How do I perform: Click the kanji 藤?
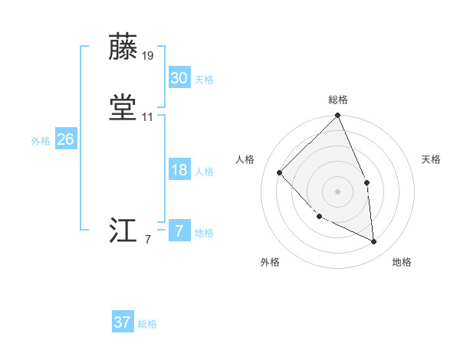coord(123,47)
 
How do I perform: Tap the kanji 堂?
coord(123,108)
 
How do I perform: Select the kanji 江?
coord(123,231)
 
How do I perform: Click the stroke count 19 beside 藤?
coord(148,56)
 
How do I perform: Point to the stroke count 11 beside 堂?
coord(148,117)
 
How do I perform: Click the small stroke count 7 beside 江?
coord(148,240)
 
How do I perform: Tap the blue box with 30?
coord(179,78)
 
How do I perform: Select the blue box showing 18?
coord(179,170)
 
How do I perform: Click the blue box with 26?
coord(65,139)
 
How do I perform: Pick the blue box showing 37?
coord(123,322)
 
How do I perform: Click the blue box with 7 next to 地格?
coord(179,231)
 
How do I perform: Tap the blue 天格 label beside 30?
coord(204,80)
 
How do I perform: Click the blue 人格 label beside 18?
coord(204,172)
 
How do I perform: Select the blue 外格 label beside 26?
coord(41,141)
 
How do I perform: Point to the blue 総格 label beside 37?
coord(147,324)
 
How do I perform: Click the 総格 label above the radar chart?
coord(337,100)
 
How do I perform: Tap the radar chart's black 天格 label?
coord(432,159)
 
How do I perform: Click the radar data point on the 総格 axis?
coord(337,116)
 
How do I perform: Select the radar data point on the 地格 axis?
coord(373,241)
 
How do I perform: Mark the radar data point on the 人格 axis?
coord(280,172)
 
